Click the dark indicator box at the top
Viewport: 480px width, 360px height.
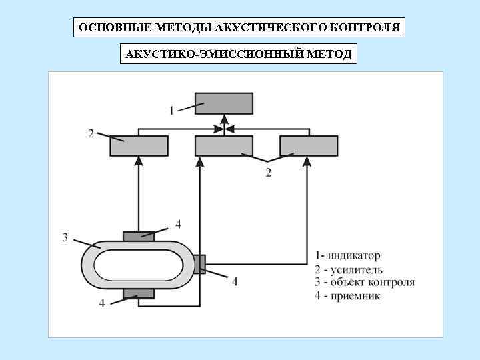click(x=224, y=103)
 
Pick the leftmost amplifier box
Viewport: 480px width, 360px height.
click(x=139, y=145)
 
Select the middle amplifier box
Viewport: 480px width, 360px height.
click(x=224, y=145)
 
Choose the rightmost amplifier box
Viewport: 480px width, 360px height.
click(x=309, y=145)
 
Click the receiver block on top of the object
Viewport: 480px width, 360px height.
click(x=139, y=236)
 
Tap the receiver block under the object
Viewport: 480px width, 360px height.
click(x=139, y=293)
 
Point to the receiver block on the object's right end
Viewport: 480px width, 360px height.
click(x=199, y=264)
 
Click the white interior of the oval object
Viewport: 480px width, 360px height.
click(x=139, y=265)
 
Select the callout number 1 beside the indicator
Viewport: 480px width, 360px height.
click(x=171, y=110)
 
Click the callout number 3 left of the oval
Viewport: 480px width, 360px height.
click(x=65, y=237)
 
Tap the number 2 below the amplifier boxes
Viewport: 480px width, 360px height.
click(x=268, y=173)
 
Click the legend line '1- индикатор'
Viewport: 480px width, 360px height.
click(x=347, y=255)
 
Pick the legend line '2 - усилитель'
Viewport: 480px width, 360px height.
click(x=349, y=269)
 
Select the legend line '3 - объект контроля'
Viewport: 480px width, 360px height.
click(x=365, y=282)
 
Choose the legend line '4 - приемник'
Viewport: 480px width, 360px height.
click(x=347, y=295)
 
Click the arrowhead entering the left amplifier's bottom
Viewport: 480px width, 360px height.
click(x=139, y=161)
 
